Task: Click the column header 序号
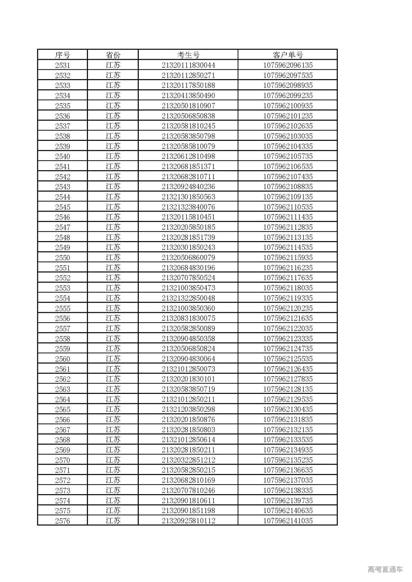(x=62, y=55)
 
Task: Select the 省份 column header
(x=113, y=55)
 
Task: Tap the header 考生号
(x=188, y=55)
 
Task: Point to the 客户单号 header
(x=288, y=55)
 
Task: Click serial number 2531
(x=62, y=65)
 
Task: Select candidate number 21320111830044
(x=188, y=65)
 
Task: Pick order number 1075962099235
(x=288, y=95)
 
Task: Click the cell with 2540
(x=62, y=156)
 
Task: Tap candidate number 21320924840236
(x=188, y=186)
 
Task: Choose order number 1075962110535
(x=288, y=207)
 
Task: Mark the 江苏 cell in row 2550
(x=113, y=258)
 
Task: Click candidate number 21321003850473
(x=188, y=288)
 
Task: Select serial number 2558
(x=62, y=339)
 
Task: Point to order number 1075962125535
(x=288, y=359)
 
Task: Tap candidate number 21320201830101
(x=188, y=379)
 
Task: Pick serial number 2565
(x=62, y=409)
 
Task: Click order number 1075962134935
(x=288, y=450)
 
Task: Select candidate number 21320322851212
(x=188, y=460)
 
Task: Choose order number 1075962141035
(x=288, y=521)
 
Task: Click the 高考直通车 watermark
(x=385, y=569)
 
